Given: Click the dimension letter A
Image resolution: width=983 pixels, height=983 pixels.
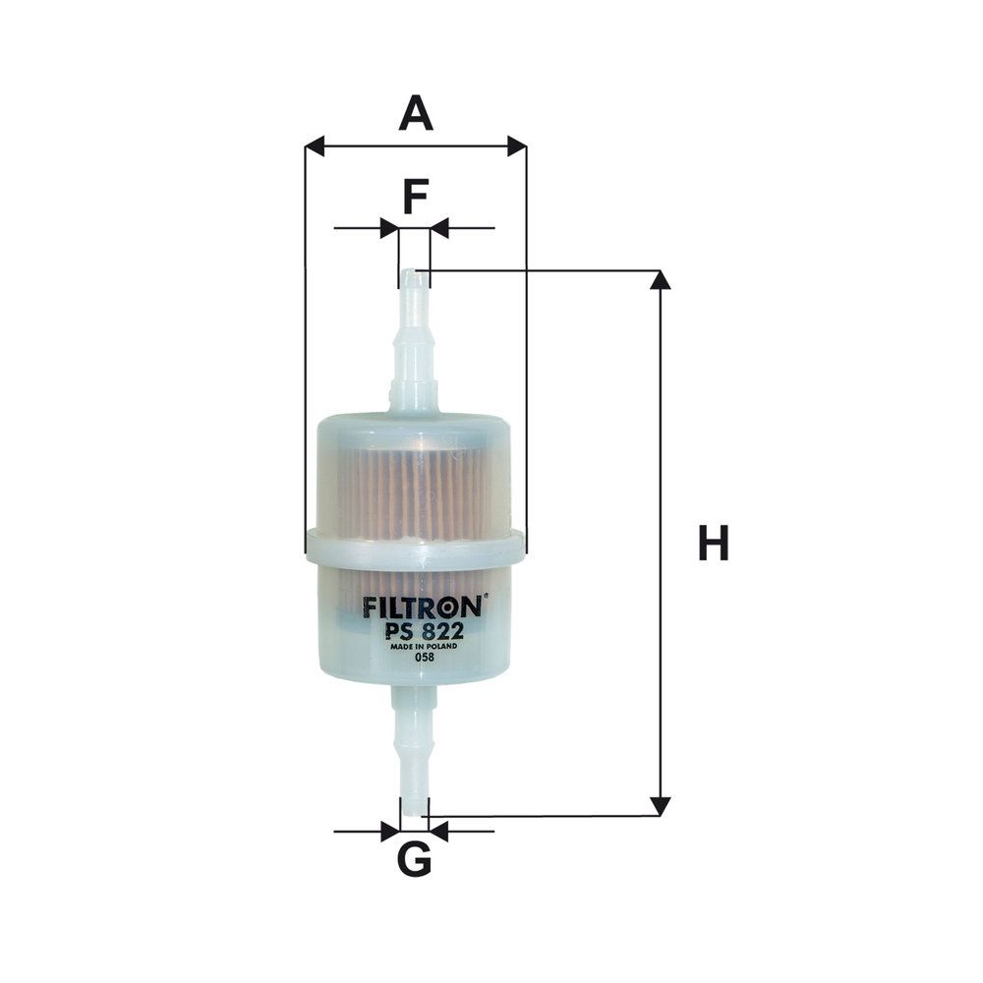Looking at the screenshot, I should click(415, 114).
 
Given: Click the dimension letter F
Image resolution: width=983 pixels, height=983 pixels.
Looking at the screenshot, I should click(415, 197).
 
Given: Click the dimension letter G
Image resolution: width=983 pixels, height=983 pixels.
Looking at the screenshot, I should click(414, 861).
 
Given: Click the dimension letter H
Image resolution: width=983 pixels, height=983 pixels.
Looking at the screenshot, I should click(714, 544).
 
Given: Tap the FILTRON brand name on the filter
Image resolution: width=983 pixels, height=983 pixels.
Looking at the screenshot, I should click(421, 607).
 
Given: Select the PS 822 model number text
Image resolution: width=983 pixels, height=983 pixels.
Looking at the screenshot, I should click(418, 631).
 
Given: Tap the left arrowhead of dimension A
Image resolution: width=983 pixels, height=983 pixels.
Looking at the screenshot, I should click(315, 146).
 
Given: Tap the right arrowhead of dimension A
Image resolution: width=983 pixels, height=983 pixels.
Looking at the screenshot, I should click(516, 146).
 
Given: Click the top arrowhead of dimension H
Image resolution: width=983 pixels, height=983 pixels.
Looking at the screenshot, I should click(661, 280).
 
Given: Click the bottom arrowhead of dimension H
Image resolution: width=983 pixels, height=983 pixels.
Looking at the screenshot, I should click(661, 806).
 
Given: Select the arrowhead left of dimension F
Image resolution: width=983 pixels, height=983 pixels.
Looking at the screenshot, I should click(389, 228).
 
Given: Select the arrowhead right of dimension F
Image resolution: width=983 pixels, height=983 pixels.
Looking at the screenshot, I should click(439, 228).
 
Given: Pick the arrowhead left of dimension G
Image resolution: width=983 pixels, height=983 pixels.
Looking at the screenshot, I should click(390, 832).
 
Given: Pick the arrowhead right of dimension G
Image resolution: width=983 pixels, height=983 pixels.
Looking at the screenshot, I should click(438, 832).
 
